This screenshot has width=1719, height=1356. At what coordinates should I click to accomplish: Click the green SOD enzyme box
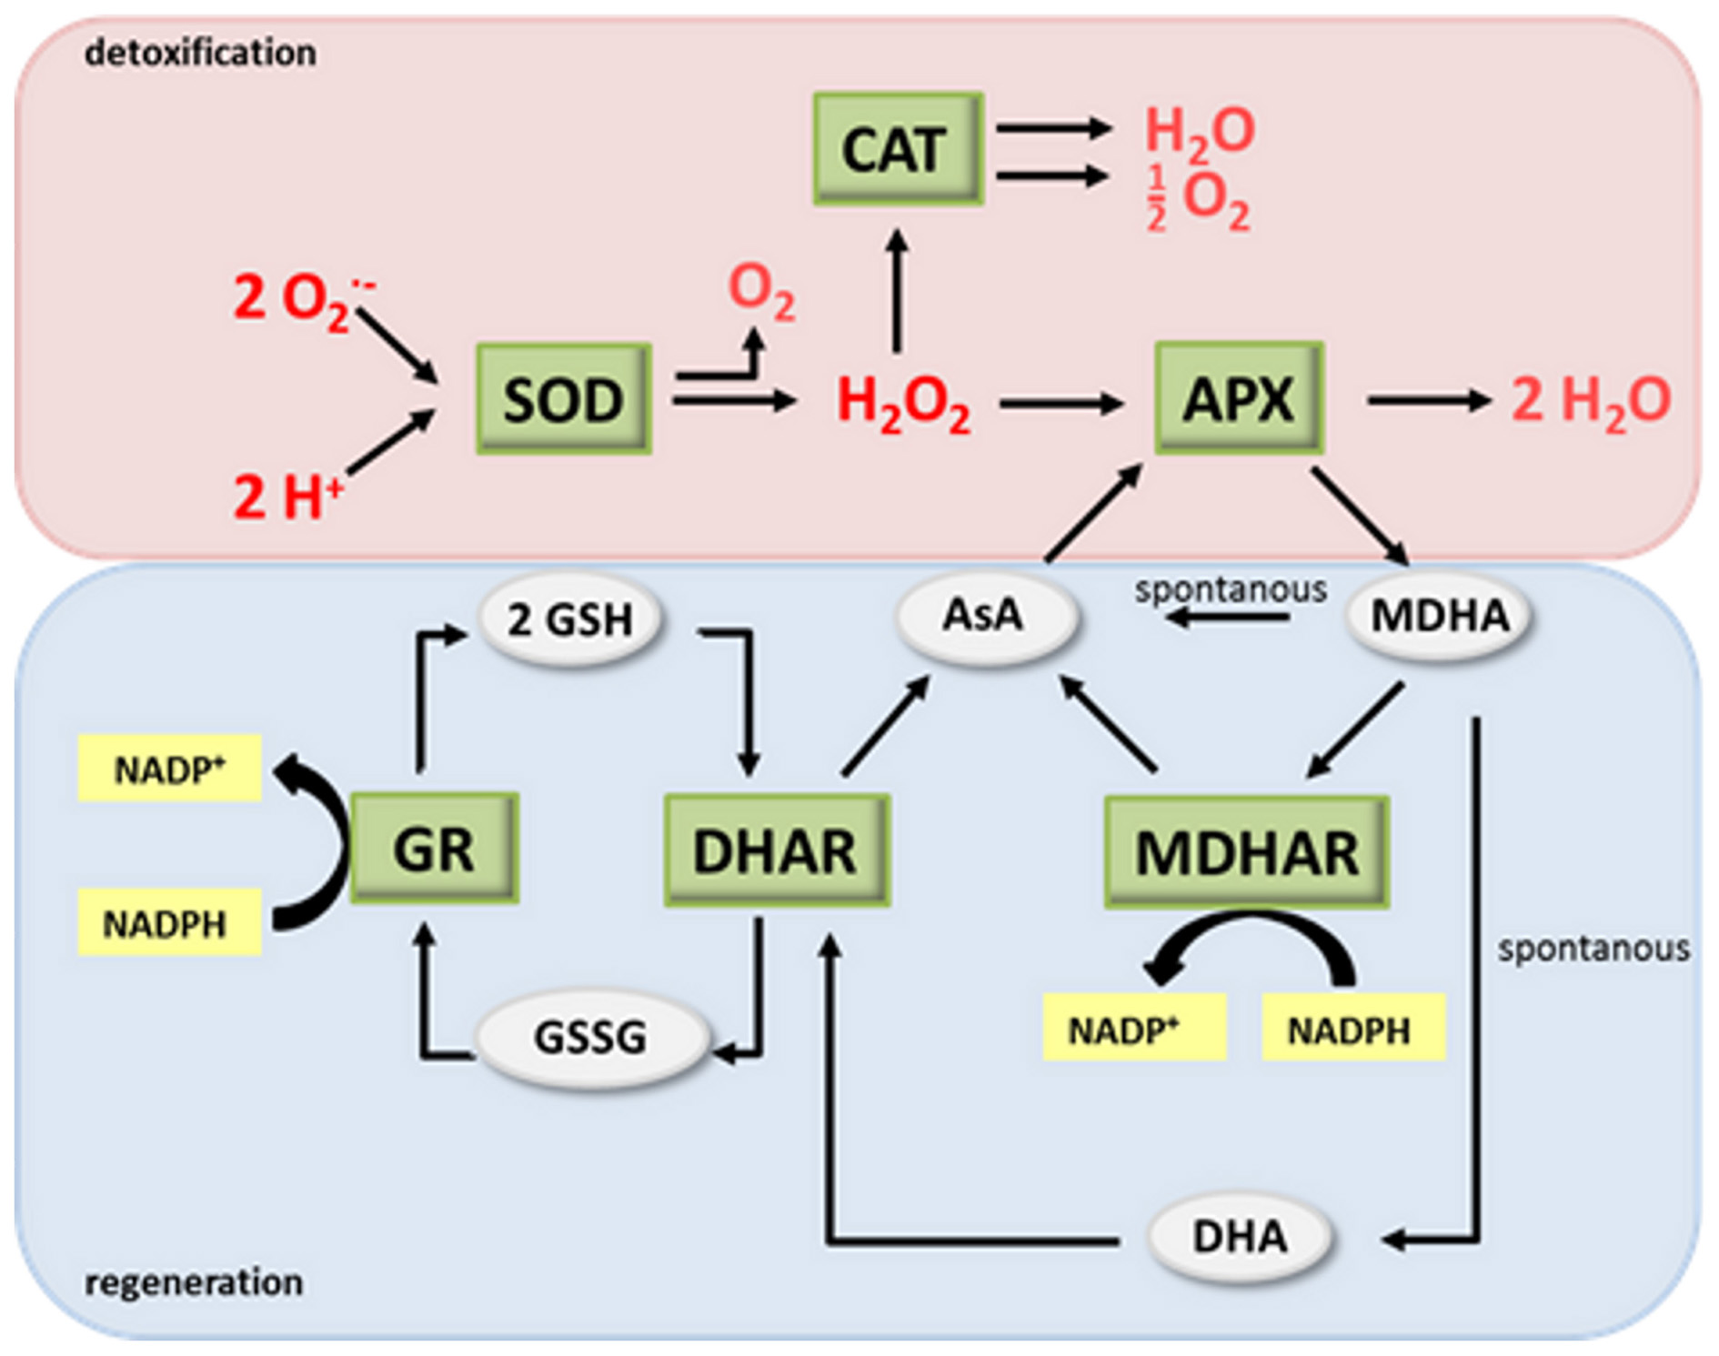coord(563,398)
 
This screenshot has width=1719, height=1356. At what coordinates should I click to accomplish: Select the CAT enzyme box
coord(897,148)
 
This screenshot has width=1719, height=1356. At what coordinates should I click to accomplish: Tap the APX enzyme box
coord(1238,397)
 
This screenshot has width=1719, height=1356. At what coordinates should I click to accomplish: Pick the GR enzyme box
coord(434,848)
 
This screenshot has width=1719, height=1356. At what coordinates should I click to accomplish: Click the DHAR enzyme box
coord(776,850)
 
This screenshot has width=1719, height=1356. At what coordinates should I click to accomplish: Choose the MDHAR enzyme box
coord(1246,852)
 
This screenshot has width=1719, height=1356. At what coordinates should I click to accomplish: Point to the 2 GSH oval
coord(570,620)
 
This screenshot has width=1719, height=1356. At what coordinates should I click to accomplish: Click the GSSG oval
coord(591,1037)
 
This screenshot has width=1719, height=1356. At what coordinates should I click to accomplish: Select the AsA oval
coord(986,616)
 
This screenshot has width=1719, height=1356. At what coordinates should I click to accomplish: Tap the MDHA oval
coord(1439,616)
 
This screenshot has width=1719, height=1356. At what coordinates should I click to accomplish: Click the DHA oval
coord(1240,1237)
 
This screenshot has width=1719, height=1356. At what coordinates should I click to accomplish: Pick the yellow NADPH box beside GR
coord(169,923)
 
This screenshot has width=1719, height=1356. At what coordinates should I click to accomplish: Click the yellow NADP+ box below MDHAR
coord(1133,1028)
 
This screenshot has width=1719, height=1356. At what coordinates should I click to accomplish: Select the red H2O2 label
coord(902,403)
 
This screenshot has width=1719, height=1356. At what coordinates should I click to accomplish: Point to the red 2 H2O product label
coord(1590,401)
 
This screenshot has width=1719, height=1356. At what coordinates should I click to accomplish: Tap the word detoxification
coord(200,53)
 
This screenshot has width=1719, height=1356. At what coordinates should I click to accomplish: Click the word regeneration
coord(194,1282)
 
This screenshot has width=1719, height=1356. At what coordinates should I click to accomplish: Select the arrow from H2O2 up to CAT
coord(897,291)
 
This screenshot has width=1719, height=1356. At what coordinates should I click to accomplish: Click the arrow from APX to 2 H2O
coord(1428,400)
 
